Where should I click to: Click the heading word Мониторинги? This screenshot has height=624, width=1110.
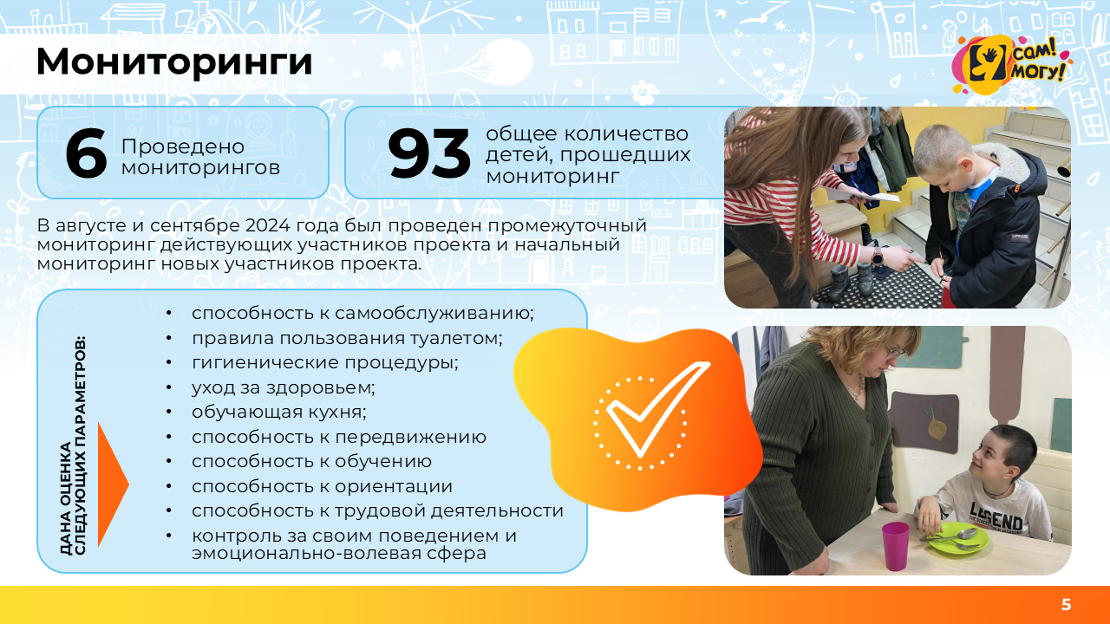click(173, 62)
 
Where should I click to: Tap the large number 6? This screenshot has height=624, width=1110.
click(86, 154)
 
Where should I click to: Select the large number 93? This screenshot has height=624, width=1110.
click(428, 154)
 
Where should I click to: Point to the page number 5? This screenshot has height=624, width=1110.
click(1066, 605)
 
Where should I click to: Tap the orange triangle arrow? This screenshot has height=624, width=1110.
click(112, 484)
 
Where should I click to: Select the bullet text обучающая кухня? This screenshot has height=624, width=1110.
click(278, 412)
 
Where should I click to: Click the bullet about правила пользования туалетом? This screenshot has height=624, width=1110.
click(347, 338)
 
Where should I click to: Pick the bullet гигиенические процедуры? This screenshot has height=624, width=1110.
click(324, 362)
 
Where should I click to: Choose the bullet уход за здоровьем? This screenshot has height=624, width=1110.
click(283, 387)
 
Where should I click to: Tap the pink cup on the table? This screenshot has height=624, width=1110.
click(896, 545)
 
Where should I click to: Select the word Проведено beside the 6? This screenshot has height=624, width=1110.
click(182, 147)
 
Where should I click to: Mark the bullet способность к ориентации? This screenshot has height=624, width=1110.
click(322, 486)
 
